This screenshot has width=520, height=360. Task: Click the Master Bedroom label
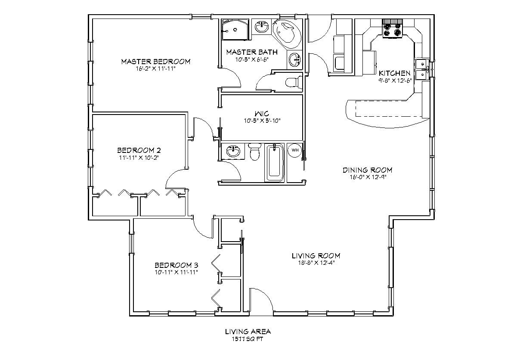(x=155, y=62)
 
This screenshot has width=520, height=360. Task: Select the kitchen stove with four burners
(x=392, y=29)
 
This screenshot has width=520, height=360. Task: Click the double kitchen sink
(x=421, y=69)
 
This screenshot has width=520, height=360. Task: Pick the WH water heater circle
(x=295, y=150)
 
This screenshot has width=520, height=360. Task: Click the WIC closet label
(x=261, y=114)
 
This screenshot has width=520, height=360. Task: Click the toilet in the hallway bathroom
(x=255, y=152)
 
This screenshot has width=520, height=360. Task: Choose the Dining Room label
(x=367, y=170)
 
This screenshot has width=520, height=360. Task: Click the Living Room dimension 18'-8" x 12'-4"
(x=316, y=263)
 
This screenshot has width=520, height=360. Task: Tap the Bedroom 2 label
(x=139, y=150)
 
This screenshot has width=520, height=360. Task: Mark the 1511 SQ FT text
(x=248, y=338)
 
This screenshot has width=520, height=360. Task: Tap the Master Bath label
(x=252, y=52)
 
